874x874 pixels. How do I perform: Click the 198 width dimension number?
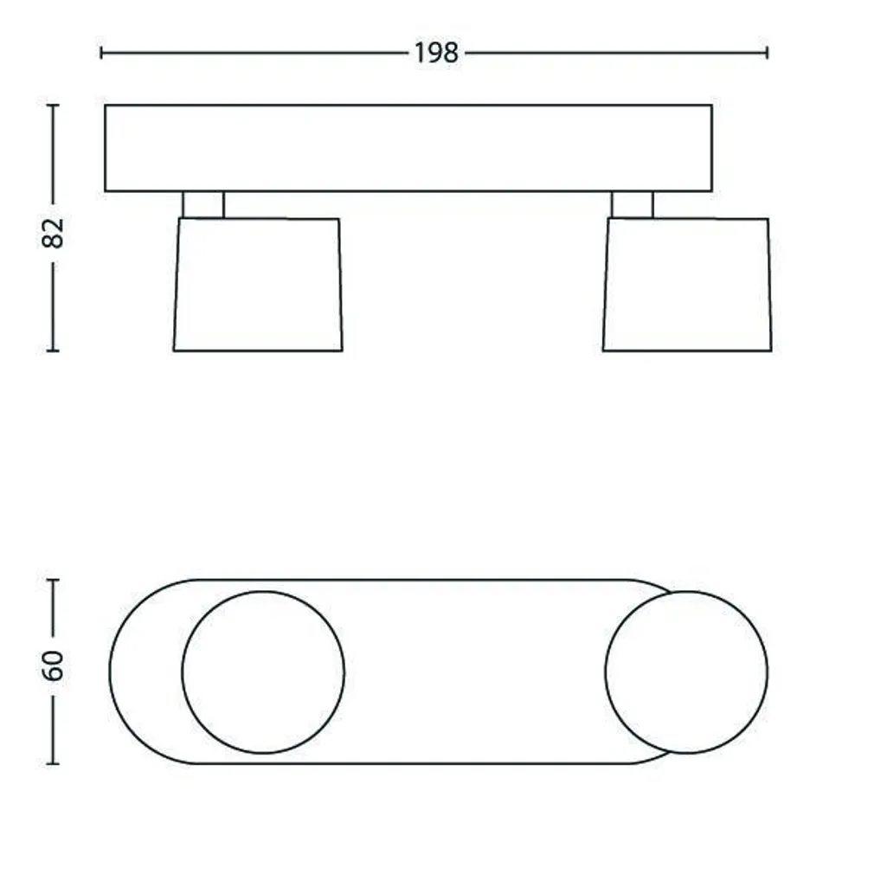(x=435, y=53)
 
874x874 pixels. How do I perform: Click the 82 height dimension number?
(x=53, y=232)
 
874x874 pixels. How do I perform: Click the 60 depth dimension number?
(x=53, y=665)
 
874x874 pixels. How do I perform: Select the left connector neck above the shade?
(x=203, y=204)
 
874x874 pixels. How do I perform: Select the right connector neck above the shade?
(x=632, y=204)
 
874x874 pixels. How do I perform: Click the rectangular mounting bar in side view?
(x=408, y=148)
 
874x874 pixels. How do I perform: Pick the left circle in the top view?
(x=263, y=672)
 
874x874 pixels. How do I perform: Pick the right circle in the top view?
(x=686, y=672)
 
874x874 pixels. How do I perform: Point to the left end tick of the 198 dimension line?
(x=101, y=53)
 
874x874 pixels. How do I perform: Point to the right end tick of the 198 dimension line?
(x=767, y=53)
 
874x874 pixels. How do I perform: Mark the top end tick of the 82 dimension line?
(x=53, y=106)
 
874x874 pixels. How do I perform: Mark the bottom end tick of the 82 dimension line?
(x=53, y=350)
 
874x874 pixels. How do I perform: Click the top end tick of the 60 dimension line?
(x=53, y=580)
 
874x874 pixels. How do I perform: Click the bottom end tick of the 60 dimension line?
(x=53, y=763)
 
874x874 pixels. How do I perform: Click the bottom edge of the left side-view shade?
(x=258, y=350)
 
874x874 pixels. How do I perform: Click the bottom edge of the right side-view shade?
(x=687, y=350)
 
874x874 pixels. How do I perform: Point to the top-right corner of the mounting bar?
(x=711, y=106)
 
